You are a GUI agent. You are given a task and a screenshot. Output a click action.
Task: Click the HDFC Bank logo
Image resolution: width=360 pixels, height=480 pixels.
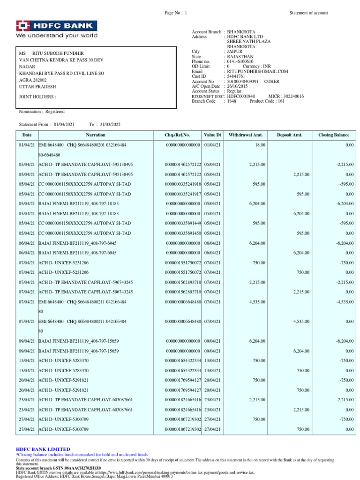point(57,26)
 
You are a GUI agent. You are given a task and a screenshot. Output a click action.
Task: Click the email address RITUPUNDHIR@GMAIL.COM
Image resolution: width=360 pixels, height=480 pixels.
point(257,72)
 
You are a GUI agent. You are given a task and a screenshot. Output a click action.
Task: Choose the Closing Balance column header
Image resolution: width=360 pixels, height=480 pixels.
point(333,135)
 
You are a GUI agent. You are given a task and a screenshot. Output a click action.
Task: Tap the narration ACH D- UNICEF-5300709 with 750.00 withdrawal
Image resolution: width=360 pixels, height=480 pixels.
point(63,420)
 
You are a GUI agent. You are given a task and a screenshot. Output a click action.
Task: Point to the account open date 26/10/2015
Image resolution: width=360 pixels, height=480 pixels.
point(238,86)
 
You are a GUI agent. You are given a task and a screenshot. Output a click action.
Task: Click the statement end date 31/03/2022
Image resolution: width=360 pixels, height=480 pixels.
point(109,124)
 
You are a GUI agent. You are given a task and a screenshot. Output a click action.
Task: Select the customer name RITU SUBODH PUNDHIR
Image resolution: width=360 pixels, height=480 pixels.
point(58,53)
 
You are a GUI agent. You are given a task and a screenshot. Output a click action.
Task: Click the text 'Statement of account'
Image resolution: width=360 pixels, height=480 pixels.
point(309,13)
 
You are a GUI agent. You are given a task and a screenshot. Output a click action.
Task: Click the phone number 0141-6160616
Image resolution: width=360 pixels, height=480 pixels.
point(240,61)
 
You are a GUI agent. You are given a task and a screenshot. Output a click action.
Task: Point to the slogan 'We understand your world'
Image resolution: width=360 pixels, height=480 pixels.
point(57,35)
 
